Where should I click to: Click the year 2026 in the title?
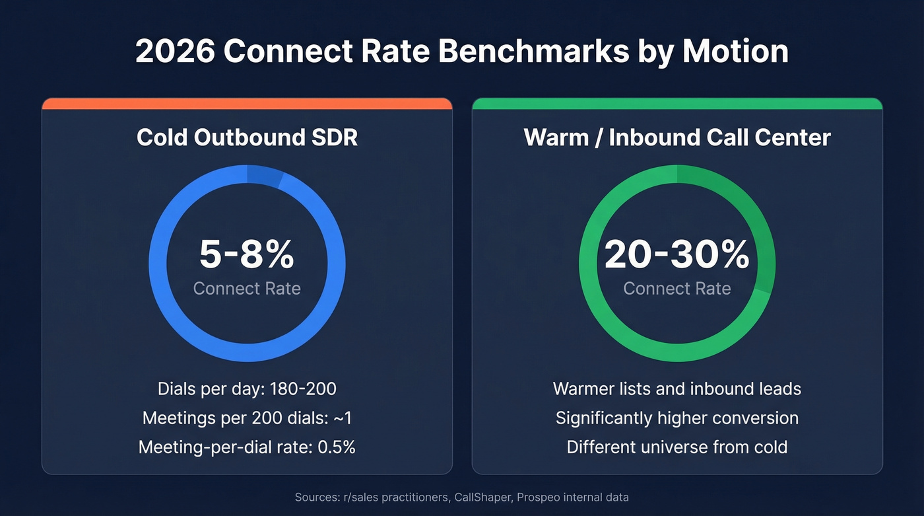174,52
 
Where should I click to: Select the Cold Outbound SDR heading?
247,137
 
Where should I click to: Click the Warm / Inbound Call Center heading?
677,137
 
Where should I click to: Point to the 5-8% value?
247,255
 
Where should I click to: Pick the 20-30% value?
677,255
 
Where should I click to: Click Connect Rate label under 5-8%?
247,289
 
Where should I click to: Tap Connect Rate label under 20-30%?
677,289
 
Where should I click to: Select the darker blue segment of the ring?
264,174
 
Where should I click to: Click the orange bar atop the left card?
247,104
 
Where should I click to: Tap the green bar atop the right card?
677,104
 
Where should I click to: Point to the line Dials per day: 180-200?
247,388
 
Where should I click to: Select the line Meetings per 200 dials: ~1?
247,418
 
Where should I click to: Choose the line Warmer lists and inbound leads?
677,388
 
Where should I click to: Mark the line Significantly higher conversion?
677,418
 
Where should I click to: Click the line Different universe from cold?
677,447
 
